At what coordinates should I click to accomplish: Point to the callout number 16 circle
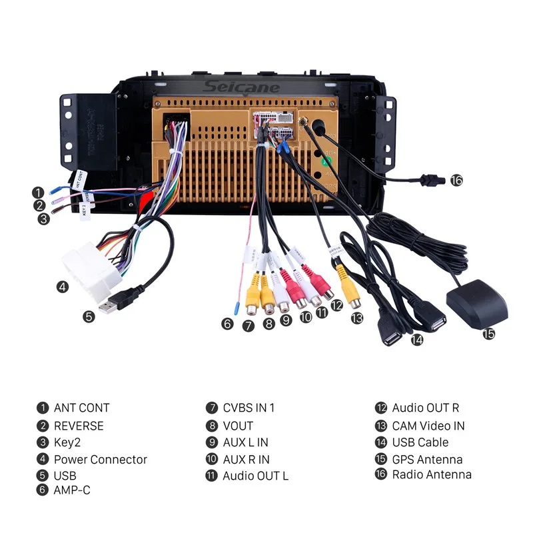[456, 180]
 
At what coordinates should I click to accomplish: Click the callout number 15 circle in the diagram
[489, 333]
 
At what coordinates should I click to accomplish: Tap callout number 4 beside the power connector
[62, 287]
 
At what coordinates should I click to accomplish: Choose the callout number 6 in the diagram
[228, 324]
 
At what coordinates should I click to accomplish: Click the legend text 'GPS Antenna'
[427, 459]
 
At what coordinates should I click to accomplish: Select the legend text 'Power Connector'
[100, 459]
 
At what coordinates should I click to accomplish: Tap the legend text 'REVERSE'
[79, 426]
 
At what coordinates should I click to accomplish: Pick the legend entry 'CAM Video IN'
[428, 426]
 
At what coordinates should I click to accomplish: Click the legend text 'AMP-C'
[72, 490]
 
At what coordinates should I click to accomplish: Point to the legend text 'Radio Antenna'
[431, 474]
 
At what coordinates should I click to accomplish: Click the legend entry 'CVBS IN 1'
[249, 408]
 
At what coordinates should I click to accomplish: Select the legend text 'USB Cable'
[420, 442]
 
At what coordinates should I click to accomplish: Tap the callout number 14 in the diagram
[417, 339]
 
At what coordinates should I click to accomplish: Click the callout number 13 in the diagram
[358, 318]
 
